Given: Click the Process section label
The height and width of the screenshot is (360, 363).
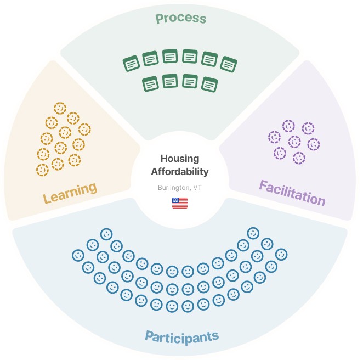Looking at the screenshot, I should coord(181,19).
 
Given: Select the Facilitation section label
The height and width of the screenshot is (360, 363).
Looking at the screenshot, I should coord(292,192).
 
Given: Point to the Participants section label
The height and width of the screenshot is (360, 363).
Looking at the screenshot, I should coord(181,336).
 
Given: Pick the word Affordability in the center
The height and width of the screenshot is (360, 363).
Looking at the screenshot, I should coord(180,172).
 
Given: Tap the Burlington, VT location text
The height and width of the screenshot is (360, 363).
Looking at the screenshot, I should coord(179,187).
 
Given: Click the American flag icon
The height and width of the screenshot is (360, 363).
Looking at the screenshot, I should coord(180,203).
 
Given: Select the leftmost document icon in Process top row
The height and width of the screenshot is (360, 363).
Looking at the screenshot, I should coord(131,64).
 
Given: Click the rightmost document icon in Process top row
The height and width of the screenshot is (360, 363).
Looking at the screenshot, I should coord(229,64).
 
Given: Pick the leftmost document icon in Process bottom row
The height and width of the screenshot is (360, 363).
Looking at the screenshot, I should coord(150,84).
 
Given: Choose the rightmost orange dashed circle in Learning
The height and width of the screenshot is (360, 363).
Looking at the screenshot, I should coord(84,130).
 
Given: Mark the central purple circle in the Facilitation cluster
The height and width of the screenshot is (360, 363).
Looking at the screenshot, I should coord(294,142).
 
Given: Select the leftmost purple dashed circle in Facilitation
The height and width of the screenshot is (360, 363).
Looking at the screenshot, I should coord(274,137).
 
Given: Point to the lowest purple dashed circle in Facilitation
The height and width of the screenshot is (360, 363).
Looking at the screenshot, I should coord(299,158).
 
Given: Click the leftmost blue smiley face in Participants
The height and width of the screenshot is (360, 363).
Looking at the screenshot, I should coord(78,255).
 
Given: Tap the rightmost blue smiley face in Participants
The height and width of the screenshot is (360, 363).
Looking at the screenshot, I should coord(281,255).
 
